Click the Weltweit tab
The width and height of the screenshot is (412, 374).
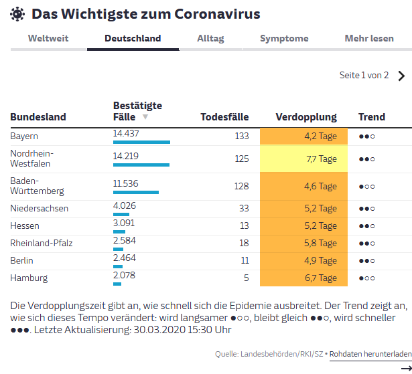48,38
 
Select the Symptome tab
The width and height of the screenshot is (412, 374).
284,38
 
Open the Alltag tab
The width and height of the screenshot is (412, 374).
210,38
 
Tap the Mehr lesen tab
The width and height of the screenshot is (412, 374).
369,38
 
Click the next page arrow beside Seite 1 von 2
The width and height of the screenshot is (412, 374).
401,76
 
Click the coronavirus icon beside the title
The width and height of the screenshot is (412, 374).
17,14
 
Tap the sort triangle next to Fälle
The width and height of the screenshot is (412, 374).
145,116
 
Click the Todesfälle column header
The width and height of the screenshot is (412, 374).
224,117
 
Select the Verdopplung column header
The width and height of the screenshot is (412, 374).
306,117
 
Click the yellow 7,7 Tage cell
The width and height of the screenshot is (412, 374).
303,159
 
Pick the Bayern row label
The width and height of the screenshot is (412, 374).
24,136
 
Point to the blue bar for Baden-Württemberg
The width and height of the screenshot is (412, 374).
136,193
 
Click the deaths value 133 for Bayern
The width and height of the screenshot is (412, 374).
242,136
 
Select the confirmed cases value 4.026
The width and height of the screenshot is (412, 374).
125,205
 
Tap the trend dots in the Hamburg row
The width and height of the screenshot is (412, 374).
367,278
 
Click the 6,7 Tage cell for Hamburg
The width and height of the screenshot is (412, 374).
303,278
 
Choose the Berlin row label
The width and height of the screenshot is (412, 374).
21,261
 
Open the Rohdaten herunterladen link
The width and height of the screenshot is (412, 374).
370,354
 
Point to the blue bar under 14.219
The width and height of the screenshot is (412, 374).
141,165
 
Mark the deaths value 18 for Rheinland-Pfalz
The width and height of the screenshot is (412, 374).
244,243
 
